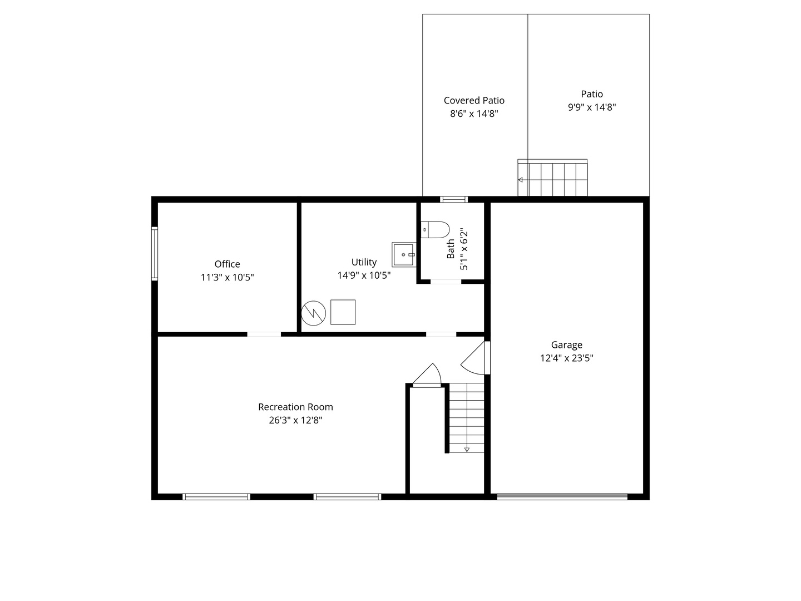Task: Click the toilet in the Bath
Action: pos(435,229)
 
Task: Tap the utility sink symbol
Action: pos(403,255)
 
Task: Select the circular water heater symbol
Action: pos(313,313)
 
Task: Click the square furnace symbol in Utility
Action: pos(343,312)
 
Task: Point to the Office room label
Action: pos(228,264)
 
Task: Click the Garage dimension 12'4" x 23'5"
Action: pos(566,358)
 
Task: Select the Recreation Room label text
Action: pos(295,407)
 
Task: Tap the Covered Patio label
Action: pos(474,101)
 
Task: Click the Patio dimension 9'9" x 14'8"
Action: pos(591,107)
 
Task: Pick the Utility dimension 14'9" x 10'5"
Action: pos(364,275)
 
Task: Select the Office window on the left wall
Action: pos(155,253)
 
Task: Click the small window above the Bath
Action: pos(454,199)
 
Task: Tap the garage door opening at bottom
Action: pos(562,496)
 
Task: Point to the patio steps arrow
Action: pos(521,180)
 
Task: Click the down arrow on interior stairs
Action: pos(467,449)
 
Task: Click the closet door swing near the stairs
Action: pos(427,375)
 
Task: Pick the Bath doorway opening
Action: pos(446,282)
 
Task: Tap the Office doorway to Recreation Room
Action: pos(264,334)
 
